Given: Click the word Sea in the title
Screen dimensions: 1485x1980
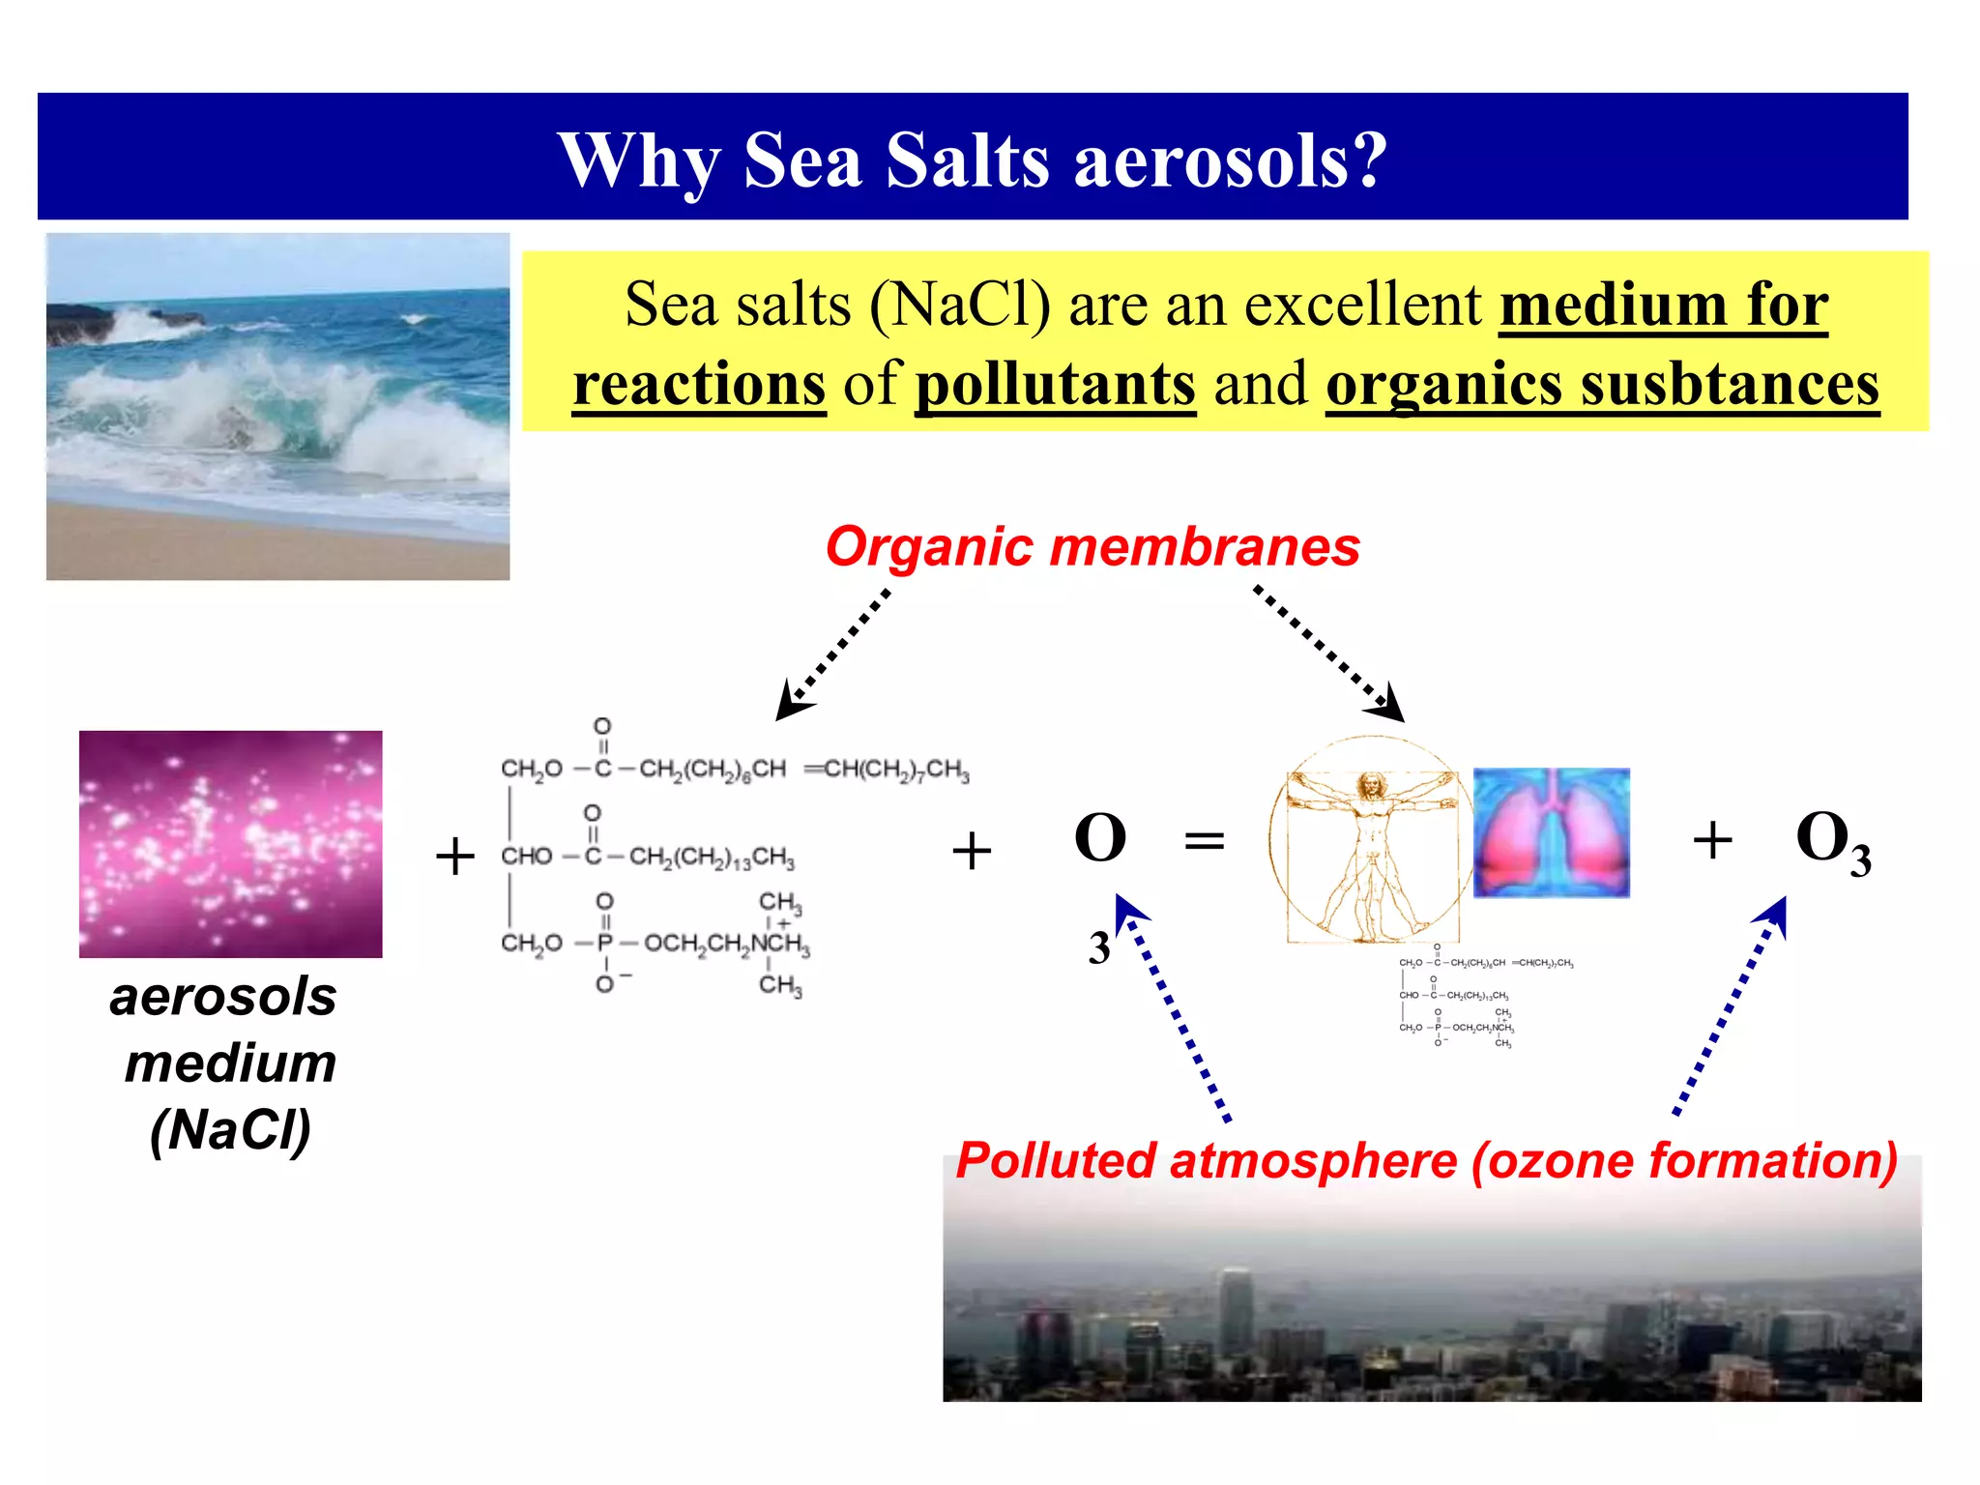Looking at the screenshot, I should click(x=801, y=160).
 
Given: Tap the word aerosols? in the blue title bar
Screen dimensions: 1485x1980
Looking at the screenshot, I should click(x=1230, y=160).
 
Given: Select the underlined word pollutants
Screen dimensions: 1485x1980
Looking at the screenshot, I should click(x=1056, y=384).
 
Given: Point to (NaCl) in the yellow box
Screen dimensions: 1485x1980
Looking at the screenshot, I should click(x=959, y=305).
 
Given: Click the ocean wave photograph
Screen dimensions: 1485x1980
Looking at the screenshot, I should click(x=277, y=406).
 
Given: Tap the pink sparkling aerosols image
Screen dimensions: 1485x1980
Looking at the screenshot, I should click(x=230, y=844).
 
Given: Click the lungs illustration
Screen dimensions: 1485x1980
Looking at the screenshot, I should click(x=1551, y=832).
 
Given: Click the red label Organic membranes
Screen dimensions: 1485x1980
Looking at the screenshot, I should click(x=1092, y=547).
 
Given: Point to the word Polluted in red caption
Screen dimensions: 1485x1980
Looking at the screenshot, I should click(x=1055, y=1161).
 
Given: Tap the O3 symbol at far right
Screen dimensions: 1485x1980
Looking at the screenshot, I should click(x=1832, y=841).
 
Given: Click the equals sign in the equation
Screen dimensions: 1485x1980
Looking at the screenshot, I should click(x=1205, y=840).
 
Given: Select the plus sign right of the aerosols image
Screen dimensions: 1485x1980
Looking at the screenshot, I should click(x=455, y=857).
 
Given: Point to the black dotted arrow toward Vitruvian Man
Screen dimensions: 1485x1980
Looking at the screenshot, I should click(x=1328, y=653).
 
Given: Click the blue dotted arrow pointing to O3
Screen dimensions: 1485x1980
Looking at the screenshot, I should click(x=1732, y=1005).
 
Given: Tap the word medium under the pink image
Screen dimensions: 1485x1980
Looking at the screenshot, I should click(x=230, y=1063).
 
